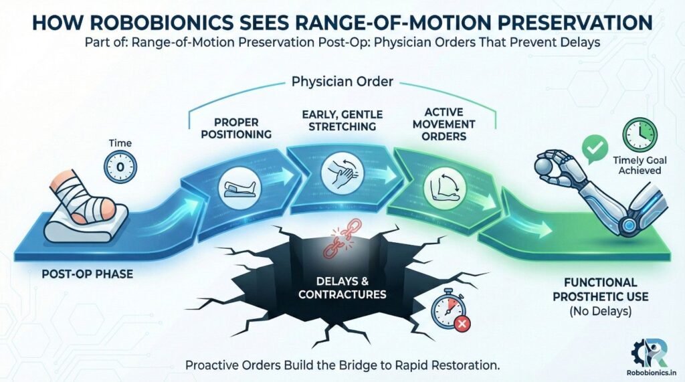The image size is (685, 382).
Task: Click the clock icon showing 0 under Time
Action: click(119, 165)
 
